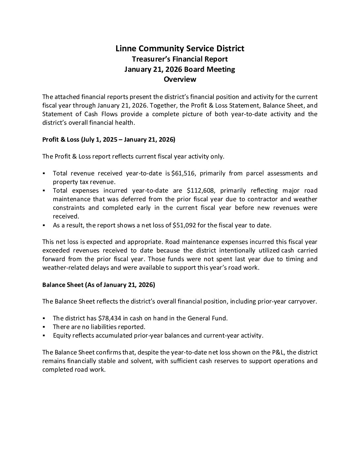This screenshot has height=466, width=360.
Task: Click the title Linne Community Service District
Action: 180,49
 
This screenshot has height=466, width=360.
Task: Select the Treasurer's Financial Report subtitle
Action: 180,59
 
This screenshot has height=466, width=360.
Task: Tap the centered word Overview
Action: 180,79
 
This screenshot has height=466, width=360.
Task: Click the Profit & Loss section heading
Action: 109,139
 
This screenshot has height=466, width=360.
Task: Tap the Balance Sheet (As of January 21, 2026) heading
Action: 99,285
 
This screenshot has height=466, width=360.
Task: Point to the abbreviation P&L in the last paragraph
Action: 278,352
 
